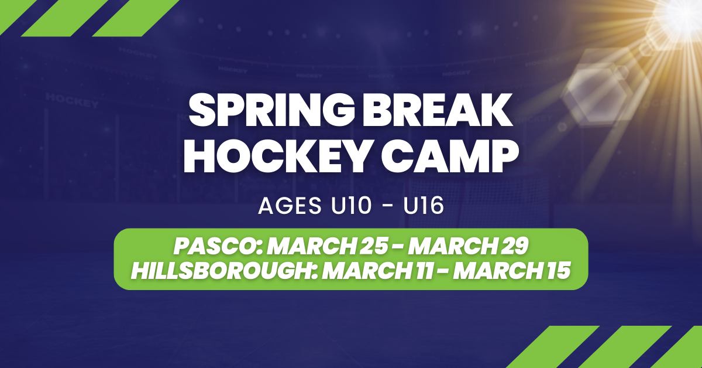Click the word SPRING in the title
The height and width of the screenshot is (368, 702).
tap(271, 110)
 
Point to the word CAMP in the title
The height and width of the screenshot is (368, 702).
tap(450, 156)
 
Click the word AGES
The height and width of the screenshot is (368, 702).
tap(290, 206)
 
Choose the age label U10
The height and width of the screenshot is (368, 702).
tap(352, 206)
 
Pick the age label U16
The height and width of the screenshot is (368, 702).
tap(424, 206)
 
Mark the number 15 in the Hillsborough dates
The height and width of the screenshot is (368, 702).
tap(559, 270)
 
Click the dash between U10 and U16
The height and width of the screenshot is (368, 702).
tap(388, 207)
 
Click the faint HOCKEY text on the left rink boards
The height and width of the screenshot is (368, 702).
tap(72, 100)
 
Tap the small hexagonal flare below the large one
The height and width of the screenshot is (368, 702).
tap(562, 127)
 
